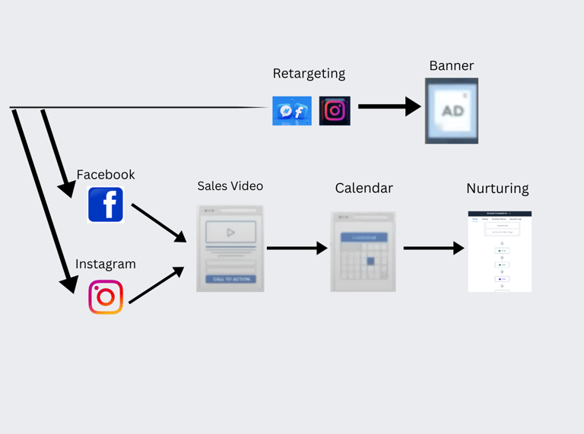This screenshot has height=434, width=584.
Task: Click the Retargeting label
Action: (x=309, y=74)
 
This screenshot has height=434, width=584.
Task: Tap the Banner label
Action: (x=452, y=66)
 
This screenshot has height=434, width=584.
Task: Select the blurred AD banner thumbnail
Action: (x=452, y=111)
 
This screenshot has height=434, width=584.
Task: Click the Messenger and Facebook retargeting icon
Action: (x=292, y=111)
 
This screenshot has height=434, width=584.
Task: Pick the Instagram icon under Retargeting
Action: (x=335, y=111)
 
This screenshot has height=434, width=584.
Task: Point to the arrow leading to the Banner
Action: (x=389, y=106)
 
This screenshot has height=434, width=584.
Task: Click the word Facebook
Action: (x=106, y=175)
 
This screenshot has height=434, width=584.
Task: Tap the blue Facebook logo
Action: (x=106, y=204)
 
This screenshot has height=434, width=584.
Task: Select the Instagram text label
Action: (x=106, y=265)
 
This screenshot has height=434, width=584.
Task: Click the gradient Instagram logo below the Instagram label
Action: (x=106, y=297)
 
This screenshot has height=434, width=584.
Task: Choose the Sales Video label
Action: (x=230, y=186)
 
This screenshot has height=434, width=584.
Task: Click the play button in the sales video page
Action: (x=230, y=233)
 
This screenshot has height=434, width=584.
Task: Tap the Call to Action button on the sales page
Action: (x=230, y=279)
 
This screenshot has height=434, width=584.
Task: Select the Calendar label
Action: (x=364, y=188)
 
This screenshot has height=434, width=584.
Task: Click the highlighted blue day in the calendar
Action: (x=371, y=261)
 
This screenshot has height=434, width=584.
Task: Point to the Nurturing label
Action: (x=497, y=188)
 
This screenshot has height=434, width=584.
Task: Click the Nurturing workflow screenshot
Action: (x=500, y=252)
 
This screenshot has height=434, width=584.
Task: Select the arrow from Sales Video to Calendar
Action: (x=297, y=248)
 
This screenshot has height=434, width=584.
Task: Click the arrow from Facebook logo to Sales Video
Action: (x=158, y=222)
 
